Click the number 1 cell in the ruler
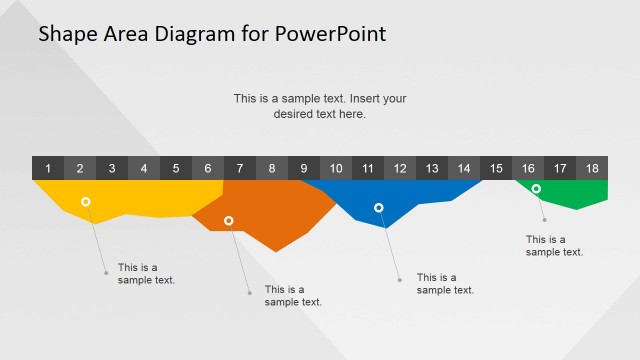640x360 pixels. pos(48,168)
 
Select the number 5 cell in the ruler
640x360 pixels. pos(176,168)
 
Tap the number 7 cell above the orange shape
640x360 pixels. pos(240,168)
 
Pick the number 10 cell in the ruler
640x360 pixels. pos(336,168)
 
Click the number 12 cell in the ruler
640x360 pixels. pos(400,168)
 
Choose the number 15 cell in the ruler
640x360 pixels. pos(496,168)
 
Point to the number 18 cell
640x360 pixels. pos(592,168)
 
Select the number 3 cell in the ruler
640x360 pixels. pos(112,168)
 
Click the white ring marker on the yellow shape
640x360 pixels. pos(86,202)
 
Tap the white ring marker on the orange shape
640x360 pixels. pos(229,221)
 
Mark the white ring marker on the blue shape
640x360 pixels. pos(379,208)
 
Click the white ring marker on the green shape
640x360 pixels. pos(536,189)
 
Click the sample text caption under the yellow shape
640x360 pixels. pos(146,274)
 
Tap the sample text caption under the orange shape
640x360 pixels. pos(293,296)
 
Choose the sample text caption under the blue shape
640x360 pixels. pos(445,284)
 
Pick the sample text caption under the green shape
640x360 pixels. pos(554,246)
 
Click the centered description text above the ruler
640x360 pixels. pos(320,106)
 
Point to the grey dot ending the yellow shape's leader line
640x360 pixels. pos(106,272)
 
